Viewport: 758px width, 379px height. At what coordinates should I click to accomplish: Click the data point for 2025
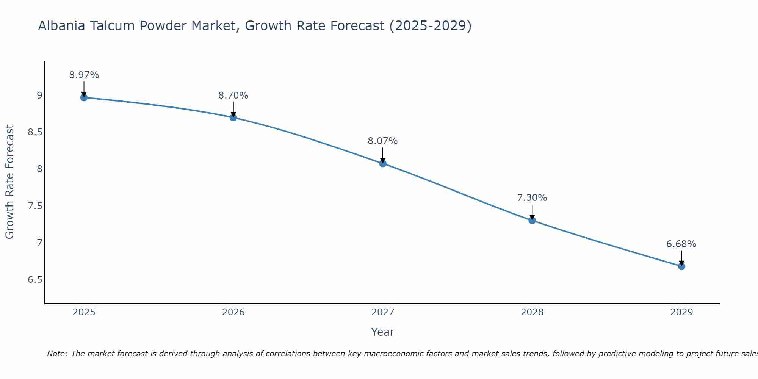click(x=84, y=97)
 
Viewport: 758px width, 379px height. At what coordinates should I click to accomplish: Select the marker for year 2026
click(x=233, y=117)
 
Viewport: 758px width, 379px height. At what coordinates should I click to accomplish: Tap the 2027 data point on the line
click(x=383, y=163)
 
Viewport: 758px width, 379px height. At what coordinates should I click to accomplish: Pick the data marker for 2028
click(x=532, y=220)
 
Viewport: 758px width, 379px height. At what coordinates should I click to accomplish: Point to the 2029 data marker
click(x=681, y=266)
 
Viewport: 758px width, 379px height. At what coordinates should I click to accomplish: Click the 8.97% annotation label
click(x=84, y=75)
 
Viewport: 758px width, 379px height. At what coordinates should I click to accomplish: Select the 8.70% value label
click(x=233, y=96)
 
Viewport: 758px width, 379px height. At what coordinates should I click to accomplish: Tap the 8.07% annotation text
click(x=383, y=141)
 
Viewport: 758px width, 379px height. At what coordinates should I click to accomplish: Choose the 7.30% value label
click(x=532, y=198)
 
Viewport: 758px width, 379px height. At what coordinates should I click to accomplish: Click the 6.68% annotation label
click(x=681, y=244)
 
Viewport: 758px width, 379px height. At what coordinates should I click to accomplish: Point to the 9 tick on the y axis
click(x=39, y=96)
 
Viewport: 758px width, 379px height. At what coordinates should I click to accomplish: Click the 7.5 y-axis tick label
click(x=35, y=206)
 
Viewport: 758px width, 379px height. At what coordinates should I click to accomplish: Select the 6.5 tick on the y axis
click(x=35, y=280)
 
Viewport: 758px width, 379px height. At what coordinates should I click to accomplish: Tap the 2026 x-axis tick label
click(x=233, y=312)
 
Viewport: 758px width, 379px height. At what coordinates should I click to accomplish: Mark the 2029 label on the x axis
click(x=681, y=312)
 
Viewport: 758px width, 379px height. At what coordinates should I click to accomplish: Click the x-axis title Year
click(x=383, y=332)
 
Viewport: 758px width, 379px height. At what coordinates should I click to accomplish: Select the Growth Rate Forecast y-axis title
click(x=9, y=182)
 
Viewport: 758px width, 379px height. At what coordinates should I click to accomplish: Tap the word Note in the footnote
click(x=56, y=354)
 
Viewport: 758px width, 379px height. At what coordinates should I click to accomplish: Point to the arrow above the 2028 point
click(x=532, y=212)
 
